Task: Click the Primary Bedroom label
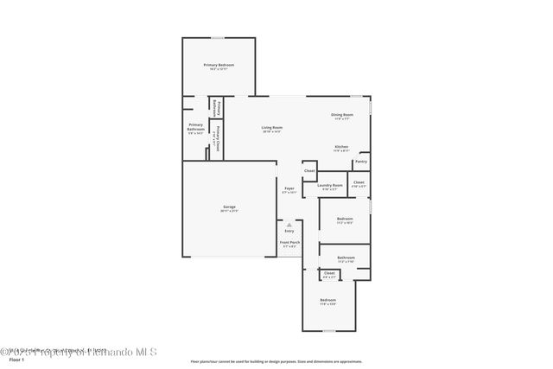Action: pyautogui.click(x=219, y=66)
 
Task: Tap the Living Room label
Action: pyautogui.click(x=272, y=128)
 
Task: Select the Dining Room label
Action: pyautogui.click(x=342, y=115)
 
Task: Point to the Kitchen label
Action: pyautogui.click(x=342, y=147)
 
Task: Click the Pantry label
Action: pyautogui.click(x=361, y=162)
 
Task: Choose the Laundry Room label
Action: pyautogui.click(x=330, y=185)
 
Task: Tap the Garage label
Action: pyautogui.click(x=229, y=207)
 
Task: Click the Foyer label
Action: pyautogui.click(x=289, y=189)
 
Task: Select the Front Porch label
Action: pyautogui.click(x=289, y=243)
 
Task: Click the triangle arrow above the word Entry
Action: pyautogui.click(x=289, y=224)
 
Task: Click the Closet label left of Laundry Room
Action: pyautogui.click(x=309, y=171)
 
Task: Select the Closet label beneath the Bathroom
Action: pyautogui.click(x=329, y=273)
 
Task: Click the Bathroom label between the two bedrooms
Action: pyautogui.click(x=346, y=258)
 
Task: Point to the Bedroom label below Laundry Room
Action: pyautogui.click(x=344, y=219)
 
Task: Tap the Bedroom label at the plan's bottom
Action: pyautogui.click(x=327, y=300)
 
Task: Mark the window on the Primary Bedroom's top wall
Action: pyautogui.click(x=218, y=37)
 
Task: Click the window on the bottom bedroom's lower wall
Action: pyautogui.click(x=328, y=331)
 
